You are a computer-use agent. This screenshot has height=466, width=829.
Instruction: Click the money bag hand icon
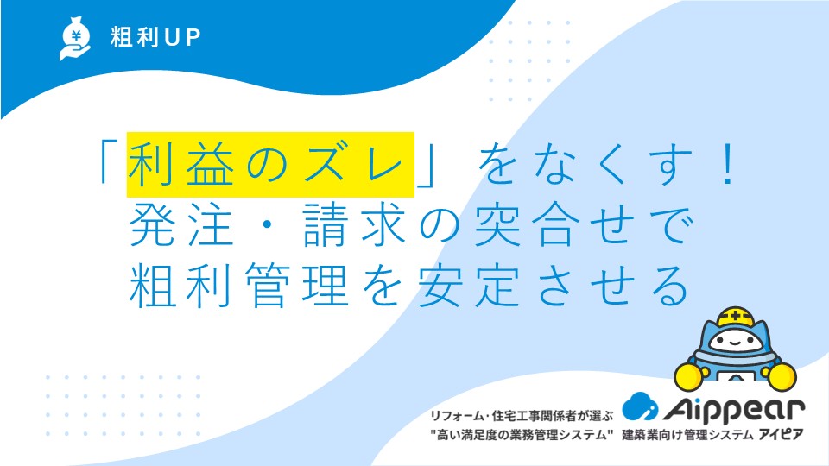coord(75,38)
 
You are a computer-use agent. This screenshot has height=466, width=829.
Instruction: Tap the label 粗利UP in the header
coord(155,37)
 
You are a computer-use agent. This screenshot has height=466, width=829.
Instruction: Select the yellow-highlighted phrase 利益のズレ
coord(270,164)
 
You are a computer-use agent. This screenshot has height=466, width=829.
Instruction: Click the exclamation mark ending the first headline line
coord(729,164)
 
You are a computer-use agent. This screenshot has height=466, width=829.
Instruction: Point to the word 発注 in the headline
coord(181,225)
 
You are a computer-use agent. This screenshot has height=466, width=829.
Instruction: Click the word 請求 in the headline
coord(354,225)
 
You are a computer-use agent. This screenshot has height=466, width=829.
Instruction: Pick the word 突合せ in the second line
coord(554,225)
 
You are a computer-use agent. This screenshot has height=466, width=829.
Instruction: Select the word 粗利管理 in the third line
coord(239,286)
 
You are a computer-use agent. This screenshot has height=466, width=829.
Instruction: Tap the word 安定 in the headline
coord(470,286)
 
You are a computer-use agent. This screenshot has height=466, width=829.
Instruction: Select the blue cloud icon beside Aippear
coord(640,406)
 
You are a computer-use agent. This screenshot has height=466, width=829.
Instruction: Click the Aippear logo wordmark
coord(734,409)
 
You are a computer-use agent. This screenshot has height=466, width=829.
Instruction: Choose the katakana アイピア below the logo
coord(781,435)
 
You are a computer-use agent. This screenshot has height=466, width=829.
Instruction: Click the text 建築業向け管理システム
coord(687,435)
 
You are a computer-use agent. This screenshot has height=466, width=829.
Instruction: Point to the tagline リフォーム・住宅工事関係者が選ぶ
coord(522,416)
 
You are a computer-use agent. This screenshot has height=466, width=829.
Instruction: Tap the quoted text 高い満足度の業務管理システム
coord(522,435)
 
